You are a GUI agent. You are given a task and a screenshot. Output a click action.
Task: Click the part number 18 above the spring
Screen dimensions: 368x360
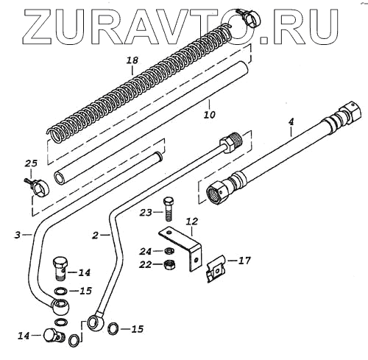tap(132, 60)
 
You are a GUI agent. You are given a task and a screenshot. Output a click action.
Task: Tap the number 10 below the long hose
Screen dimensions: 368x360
tap(209, 114)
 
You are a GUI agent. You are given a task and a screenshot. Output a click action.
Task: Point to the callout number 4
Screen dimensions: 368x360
tap(291, 122)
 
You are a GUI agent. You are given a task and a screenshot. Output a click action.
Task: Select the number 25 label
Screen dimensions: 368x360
tap(31, 163)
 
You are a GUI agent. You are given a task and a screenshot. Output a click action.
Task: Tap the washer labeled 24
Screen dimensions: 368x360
tap(169, 251)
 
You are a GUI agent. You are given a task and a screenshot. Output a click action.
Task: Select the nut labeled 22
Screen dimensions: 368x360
tap(169, 264)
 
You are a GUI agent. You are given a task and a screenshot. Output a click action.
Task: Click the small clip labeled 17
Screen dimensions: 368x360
tap(216, 269)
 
